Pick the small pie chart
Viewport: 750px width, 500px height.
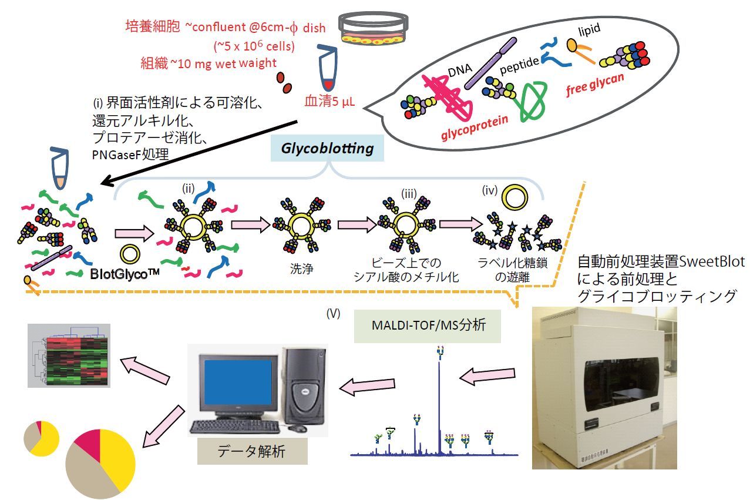tap(41, 438)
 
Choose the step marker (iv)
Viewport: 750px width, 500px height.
tap(490, 190)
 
